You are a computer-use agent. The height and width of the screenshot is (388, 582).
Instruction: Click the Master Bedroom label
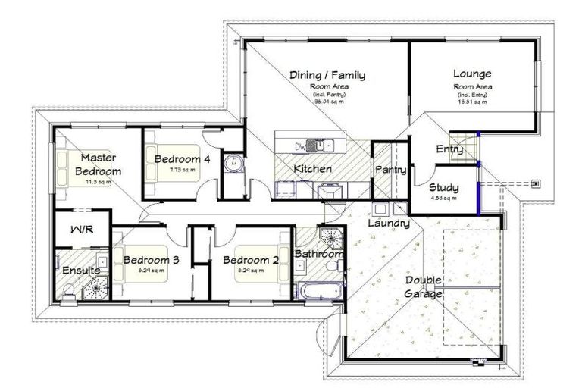97,164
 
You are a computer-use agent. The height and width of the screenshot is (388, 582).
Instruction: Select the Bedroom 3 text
151,260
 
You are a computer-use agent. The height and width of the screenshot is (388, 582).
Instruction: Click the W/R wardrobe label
81,229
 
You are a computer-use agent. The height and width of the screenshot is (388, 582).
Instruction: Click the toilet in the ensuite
69,289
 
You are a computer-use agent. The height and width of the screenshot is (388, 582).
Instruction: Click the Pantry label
391,171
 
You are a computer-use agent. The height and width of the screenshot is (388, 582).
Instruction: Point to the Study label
443,187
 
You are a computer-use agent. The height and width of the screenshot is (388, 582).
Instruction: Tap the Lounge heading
472,74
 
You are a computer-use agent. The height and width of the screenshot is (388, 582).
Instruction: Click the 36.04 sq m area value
327,101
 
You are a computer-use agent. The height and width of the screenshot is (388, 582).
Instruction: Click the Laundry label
389,224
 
